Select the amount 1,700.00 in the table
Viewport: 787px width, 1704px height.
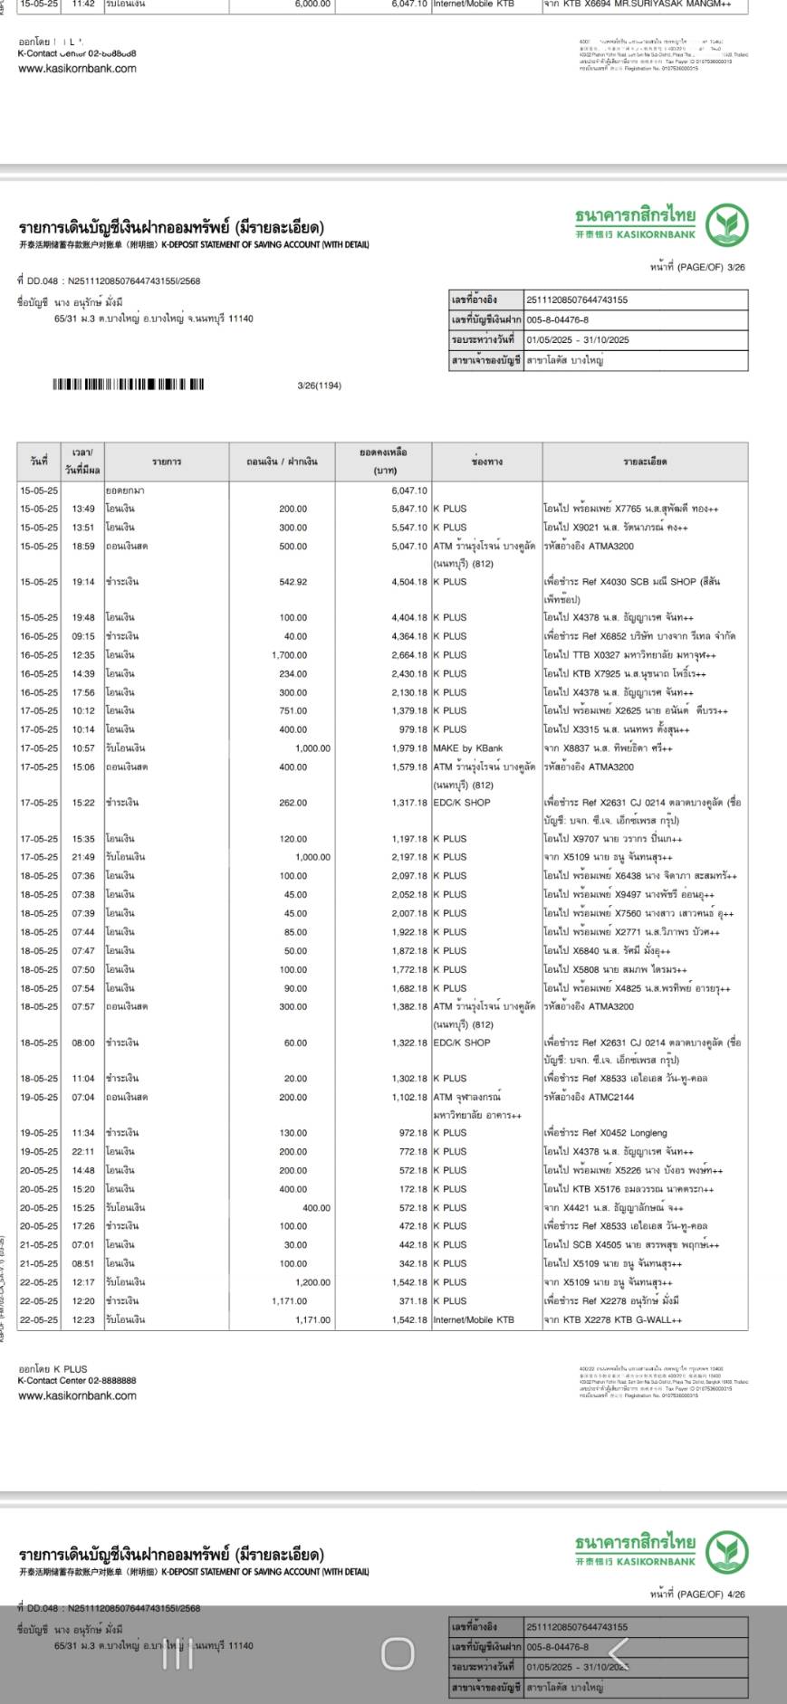point(289,655)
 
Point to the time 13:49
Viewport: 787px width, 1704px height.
point(83,509)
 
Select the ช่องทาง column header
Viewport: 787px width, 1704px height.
point(486,462)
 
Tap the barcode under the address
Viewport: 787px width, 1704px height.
point(128,385)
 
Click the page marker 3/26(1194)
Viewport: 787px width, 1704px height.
point(319,386)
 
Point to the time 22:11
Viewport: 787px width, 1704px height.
point(83,1152)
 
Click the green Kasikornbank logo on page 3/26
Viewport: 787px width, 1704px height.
point(727,225)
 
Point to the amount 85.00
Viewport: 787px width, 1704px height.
point(295,932)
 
